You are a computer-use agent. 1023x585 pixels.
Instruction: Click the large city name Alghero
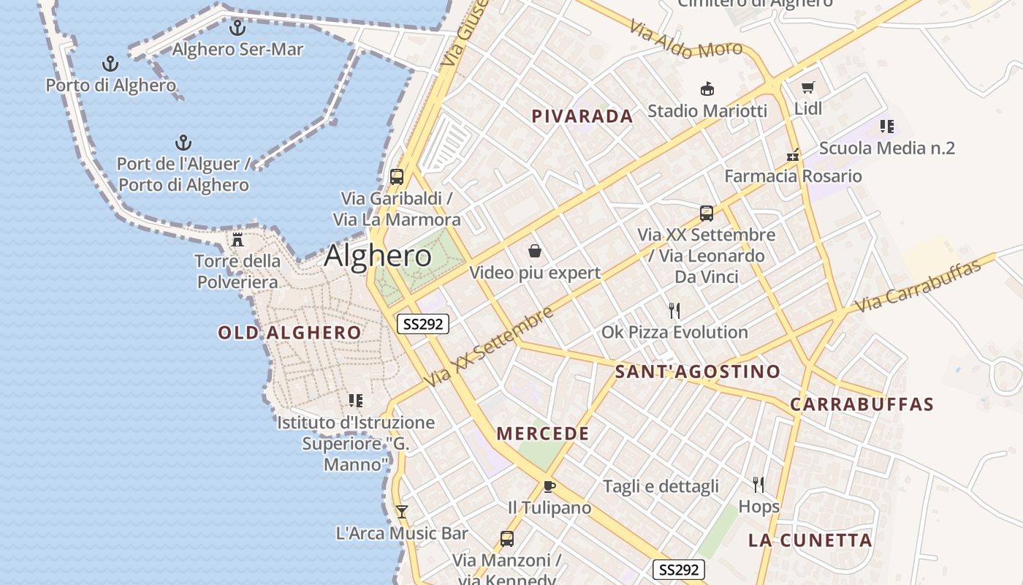378,256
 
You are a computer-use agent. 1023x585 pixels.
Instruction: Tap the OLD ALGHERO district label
289,333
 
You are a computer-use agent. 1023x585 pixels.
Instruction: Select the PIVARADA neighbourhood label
582,116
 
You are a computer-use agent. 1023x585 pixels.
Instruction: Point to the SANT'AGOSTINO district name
697,371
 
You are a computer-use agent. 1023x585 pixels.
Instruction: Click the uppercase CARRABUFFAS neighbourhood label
862,404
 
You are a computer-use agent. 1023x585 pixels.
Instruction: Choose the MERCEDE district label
543,434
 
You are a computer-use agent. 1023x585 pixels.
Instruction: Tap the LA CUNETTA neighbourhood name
810,540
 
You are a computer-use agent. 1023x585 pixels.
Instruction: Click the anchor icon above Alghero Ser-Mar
237,28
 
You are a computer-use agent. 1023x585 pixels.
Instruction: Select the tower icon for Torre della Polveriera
237,239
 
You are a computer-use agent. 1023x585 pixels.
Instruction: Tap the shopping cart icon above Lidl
807,88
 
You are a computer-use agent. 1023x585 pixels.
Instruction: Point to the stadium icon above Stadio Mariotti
707,89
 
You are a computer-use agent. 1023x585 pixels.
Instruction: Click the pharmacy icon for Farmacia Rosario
793,155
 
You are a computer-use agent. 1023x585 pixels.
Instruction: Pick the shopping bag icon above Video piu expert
535,252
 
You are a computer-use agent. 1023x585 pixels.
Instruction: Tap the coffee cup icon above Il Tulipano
549,486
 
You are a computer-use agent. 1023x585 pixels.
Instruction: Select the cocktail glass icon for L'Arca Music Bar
401,512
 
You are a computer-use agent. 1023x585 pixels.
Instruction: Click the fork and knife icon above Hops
758,484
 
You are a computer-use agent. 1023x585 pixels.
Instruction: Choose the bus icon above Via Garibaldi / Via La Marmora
397,177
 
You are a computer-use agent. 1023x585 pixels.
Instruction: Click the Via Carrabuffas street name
918,286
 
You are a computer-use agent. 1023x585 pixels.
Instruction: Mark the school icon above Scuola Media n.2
886,127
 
